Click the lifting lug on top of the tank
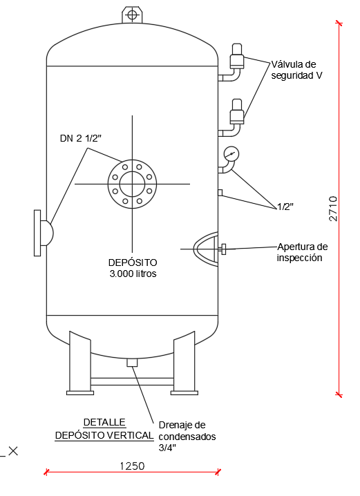131,15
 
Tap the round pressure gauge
231,154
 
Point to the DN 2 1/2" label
80,138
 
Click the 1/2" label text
285,207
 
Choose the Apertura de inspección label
302,252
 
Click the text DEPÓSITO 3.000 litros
133,268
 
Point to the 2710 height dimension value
333,208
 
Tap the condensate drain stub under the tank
133,361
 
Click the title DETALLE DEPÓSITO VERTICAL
104,428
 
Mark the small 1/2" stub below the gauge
220,192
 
